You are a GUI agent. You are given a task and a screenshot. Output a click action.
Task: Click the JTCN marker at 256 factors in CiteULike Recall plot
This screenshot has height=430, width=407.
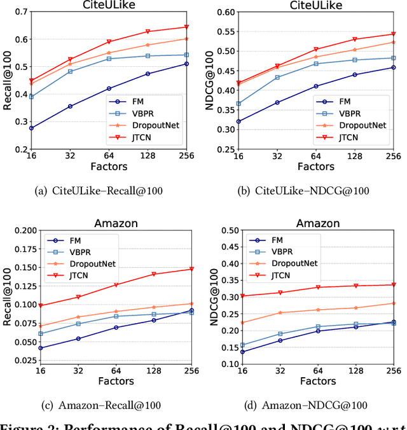pos(186,27)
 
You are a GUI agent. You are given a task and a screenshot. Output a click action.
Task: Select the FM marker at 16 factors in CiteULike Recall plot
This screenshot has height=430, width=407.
pos(31,128)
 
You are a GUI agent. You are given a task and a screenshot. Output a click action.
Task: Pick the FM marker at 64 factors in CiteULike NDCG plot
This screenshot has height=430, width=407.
pos(315,86)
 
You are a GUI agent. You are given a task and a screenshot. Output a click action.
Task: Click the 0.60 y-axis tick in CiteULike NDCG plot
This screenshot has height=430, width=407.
pos(226,11)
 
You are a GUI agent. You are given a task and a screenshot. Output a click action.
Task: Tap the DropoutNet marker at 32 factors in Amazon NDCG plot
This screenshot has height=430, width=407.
pos(280,312)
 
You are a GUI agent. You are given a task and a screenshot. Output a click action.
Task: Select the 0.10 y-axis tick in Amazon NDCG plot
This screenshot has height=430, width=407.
pos(226,364)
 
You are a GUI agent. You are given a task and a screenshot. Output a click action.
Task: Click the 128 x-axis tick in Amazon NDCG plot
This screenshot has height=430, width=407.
pos(355,371)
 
